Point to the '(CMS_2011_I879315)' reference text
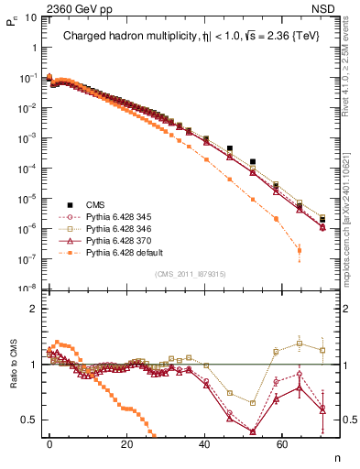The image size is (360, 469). click(187, 274)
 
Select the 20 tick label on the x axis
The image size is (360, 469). click(127, 449)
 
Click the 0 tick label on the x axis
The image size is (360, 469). click(49, 449)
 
